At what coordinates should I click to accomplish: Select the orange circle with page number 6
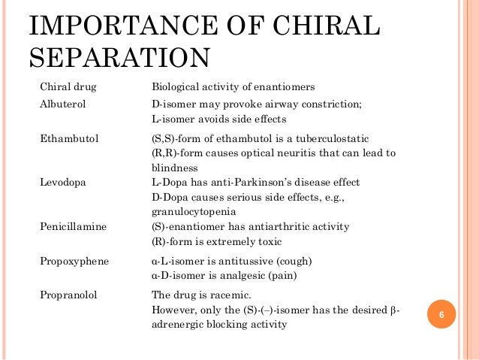(442, 314)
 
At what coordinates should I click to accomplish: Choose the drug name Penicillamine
(73, 227)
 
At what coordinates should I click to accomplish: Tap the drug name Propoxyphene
(74, 262)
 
